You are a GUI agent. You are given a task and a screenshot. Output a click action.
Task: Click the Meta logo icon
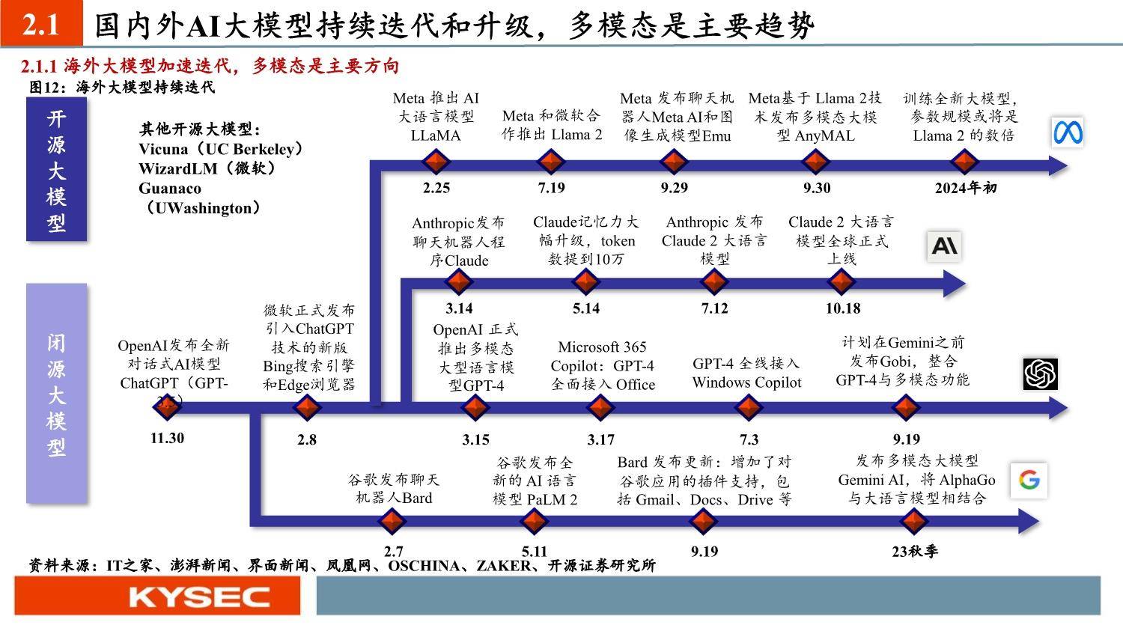pyautogui.click(x=1068, y=132)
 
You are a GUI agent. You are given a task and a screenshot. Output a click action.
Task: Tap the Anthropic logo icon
pyautogui.click(x=944, y=246)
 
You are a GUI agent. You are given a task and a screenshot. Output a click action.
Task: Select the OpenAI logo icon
pyautogui.click(x=1041, y=374)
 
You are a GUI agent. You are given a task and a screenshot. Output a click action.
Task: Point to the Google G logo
pyautogui.click(x=1029, y=480)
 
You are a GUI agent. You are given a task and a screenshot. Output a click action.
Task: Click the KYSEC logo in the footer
pyautogui.click(x=200, y=597)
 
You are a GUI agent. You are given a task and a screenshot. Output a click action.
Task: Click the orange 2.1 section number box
pyautogui.click(x=42, y=23)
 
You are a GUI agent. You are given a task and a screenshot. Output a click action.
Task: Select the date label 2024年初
pyautogui.click(x=966, y=188)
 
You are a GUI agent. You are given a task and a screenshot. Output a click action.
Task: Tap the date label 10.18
pyautogui.click(x=843, y=308)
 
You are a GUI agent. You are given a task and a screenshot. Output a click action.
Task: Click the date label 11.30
pyautogui.click(x=168, y=438)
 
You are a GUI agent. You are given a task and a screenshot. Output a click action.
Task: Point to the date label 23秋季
pyautogui.click(x=915, y=552)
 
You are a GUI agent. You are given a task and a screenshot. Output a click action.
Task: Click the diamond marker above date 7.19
pyautogui.click(x=551, y=162)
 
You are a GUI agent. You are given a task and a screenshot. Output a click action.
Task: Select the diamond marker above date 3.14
pyautogui.click(x=459, y=281)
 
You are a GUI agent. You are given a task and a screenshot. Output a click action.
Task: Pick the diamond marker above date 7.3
pyautogui.click(x=749, y=407)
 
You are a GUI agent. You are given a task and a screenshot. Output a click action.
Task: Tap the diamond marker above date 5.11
pyautogui.click(x=533, y=522)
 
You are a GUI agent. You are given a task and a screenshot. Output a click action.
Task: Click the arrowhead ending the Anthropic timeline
pyautogui.click(x=955, y=284)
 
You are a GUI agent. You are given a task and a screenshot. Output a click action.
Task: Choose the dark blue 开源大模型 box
pyautogui.click(x=57, y=169)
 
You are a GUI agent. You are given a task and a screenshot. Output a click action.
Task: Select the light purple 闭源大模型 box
pyautogui.click(x=57, y=394)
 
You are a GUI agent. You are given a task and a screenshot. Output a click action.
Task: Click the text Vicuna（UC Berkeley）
pyautogui.click(x=221, y=149)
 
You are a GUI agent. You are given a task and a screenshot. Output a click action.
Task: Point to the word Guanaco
pyautogui.click(x=170, y=189)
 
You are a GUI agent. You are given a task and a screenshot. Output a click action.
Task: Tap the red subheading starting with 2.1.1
pyautogui.click(x=210, y=66)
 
